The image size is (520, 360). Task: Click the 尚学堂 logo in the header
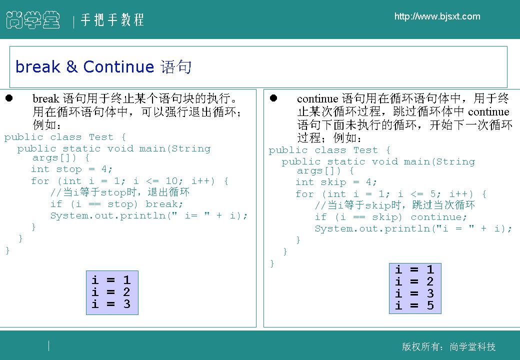[33, 20]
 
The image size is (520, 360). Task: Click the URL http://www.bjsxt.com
[437, 16]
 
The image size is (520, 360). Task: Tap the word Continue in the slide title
[118, 67]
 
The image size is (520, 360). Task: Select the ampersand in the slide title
[71, 67]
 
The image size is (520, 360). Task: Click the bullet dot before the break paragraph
[9, 98]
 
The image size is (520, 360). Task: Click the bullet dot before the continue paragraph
[273, 98]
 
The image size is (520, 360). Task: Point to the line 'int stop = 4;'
[71, 169]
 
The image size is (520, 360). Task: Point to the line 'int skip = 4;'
[336, 182]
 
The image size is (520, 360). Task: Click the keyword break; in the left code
[164, 204]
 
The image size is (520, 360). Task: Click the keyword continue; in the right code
[439, 217]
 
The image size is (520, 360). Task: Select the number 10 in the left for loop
[172, 181]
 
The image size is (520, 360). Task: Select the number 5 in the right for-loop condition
[433, 194]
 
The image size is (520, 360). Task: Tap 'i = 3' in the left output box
[111, 303]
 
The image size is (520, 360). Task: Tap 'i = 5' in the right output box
[414, 305]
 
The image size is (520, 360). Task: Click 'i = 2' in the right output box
[414, 281]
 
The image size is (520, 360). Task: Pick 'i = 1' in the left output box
[111, 280]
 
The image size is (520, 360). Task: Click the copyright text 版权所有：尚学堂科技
[448, 346]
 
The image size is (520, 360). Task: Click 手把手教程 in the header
[112, 19]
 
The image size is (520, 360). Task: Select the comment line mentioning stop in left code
[120, 192]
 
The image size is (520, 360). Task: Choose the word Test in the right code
[365, 150]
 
